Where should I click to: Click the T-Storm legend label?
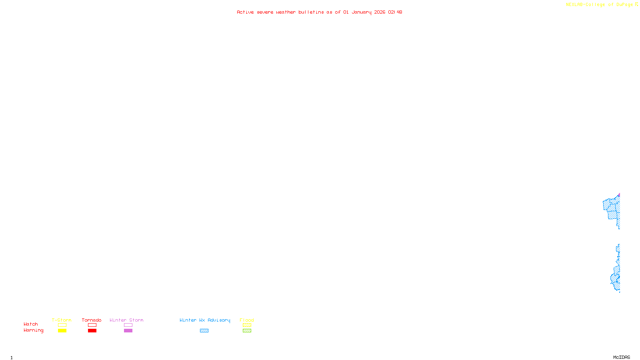point(62,320)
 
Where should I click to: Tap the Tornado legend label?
point(92,320)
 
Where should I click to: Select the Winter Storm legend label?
point(126,320)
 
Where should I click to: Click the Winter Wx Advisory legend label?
point(205,320)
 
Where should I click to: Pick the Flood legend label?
point(247,320)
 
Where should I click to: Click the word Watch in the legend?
point(31,324)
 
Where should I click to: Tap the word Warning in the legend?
point(33,330)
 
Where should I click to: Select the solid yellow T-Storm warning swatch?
point(62,331)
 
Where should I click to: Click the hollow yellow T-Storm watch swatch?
point(62,325)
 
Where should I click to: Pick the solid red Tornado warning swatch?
point(92,331)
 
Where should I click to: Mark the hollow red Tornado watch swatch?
point(92,325)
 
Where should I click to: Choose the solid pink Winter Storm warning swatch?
point(128,331)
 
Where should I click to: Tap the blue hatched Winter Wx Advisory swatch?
point(204,331)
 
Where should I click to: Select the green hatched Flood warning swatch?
point(247,331)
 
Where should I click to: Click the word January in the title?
point(362,12)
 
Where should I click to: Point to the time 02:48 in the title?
point(395,12)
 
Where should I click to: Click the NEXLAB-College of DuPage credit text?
point(600,5)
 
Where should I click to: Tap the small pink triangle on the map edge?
point(619,195)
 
